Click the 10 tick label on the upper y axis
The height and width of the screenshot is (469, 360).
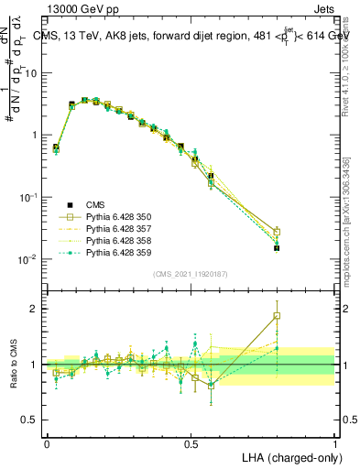pyautogui.click(x=32, y=73)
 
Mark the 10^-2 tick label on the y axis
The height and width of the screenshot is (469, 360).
pyautogui.click(x=29, y=258)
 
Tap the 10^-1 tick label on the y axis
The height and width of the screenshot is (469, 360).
pyautogui.click(x=29, y=197)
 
